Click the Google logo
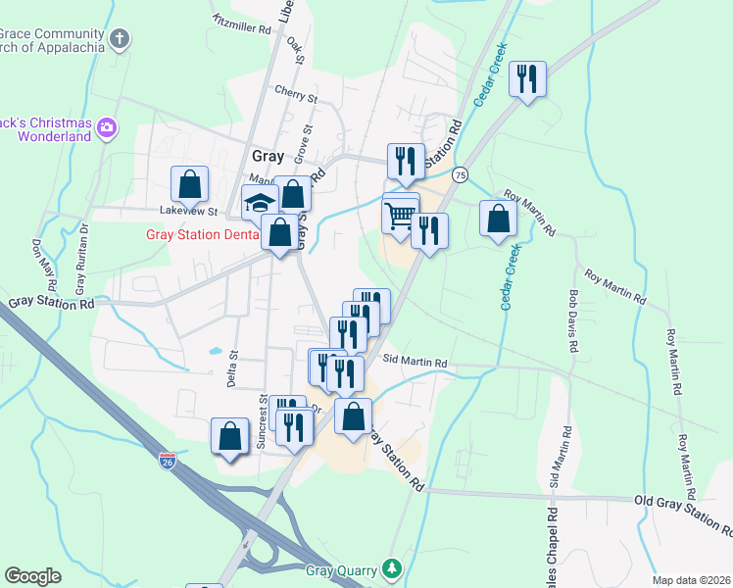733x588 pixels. pos(33,576)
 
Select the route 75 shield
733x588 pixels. pos(460,174)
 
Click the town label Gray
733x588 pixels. pos(268,156)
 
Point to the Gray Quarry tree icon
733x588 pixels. pos(392,567)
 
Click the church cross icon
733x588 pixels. pos(119,40)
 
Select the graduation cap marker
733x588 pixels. pos(259,202)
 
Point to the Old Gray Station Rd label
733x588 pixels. pos(683,515)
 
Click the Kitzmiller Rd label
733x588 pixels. pos(241,25)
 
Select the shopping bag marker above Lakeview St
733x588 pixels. pos(189,183)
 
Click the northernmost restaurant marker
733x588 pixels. pos(528,78)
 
